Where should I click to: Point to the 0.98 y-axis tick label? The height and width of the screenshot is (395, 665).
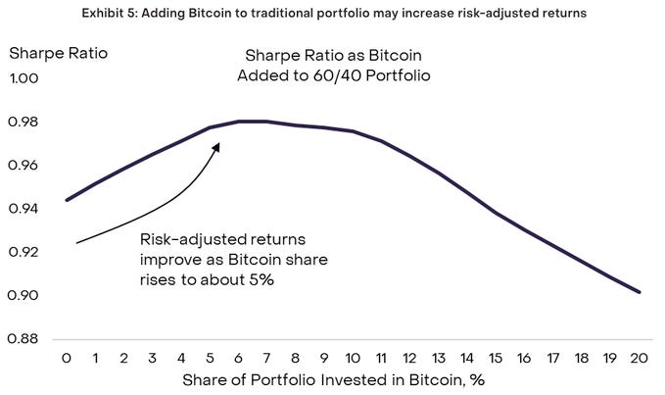pos(26,123)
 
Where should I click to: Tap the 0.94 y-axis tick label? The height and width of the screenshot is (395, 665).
pos(26,209)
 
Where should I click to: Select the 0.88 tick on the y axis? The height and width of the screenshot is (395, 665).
pos(26,339)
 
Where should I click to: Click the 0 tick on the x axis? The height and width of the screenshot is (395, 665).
pos(67,359)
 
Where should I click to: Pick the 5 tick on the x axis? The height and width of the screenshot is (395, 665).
pos(210,359)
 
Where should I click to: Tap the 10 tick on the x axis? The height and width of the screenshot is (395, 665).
pos(353,359)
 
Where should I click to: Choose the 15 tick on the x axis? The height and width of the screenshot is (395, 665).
pos(497,359)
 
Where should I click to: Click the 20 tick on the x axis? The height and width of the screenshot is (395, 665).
pos(640,359)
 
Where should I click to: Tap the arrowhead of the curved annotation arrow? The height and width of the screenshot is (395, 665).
pos(217,145)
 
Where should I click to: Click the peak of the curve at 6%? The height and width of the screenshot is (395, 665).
pos(239,122)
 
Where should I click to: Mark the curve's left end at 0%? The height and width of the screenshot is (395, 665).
pos(67,200)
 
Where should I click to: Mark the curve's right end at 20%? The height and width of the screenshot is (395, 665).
pos(640,292)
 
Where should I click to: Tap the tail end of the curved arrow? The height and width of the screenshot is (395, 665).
pos(76,242)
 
